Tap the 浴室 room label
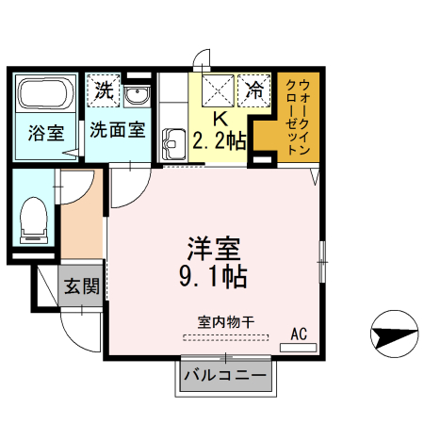coord(46,132)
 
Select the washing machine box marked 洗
coord(104,91)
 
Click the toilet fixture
coord(33,220)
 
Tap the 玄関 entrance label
coord(82,286)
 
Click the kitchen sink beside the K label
coord(173,144)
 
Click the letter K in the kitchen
coord(219,120)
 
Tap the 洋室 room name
coord(212,249)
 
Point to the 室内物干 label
coord(225,321)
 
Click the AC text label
coord(299,334)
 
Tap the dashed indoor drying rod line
coord(225,336)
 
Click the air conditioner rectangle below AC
coord(299,347)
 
